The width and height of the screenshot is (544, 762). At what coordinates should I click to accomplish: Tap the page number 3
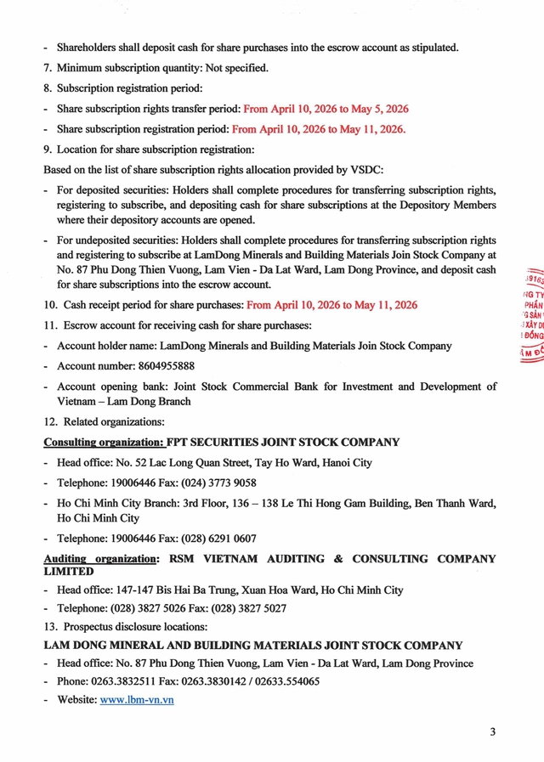(x=492, y=732)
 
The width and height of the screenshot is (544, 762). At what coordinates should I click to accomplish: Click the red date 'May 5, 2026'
(x=377, y=109)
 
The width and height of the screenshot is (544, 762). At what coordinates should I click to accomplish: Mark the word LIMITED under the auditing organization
(x=69, y=572)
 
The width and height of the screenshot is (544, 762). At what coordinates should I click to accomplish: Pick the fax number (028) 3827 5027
(x=250, y=608)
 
